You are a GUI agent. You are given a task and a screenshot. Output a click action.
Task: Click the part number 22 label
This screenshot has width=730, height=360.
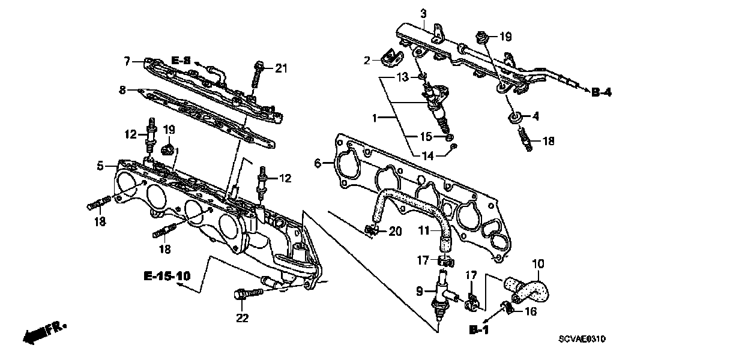pos(242,318)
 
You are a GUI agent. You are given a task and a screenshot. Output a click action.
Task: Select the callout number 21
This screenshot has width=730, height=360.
pos(282,68)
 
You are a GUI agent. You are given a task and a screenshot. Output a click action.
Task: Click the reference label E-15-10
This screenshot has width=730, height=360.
pos(167,277)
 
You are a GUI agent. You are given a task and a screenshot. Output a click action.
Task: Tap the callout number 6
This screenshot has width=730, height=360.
pos(318,163)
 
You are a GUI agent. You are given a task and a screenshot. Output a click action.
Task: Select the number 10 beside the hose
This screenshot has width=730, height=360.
pos(538,262)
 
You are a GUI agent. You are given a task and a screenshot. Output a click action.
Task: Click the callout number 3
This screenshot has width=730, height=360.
pos(423,13)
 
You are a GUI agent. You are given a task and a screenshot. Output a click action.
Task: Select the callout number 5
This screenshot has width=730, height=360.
pos(100,164)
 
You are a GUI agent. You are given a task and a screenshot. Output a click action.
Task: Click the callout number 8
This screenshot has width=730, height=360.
pos(122,91)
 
